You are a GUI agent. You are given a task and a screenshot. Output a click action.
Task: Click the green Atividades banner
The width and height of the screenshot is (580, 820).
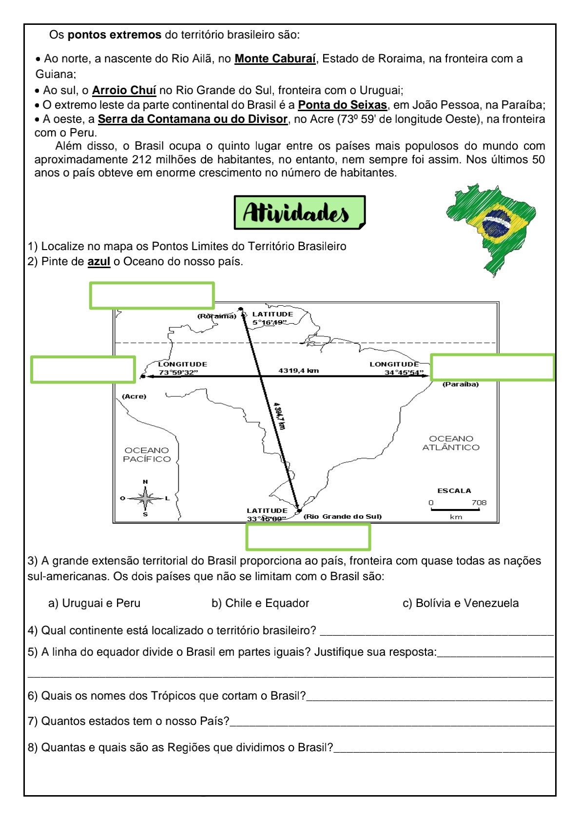pos(299,213)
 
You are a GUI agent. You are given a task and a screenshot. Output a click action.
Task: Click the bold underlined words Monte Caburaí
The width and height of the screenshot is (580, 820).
pos(275,59)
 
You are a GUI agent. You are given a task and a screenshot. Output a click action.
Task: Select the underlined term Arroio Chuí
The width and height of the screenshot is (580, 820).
pos(124,91)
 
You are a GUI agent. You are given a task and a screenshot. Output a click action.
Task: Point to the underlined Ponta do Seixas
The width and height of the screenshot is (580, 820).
pos(342,105)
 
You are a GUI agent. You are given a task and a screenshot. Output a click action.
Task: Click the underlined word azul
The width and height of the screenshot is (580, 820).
pos(98,262)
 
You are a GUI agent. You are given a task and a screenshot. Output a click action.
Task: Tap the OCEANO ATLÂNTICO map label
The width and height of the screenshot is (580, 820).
pos(451,443)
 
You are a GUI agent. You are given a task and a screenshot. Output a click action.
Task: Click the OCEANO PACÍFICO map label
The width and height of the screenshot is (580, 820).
pos(147,455)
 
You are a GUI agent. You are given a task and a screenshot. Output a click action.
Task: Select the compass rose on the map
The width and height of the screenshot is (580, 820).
pos(145,498)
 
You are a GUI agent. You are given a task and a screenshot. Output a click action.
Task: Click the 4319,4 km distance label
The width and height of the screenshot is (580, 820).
pos(298,371)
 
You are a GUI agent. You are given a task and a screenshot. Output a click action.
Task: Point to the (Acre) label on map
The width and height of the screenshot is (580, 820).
pos(134,396)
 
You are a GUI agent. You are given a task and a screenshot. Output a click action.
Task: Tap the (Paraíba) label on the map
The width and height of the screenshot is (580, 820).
pos(460,384)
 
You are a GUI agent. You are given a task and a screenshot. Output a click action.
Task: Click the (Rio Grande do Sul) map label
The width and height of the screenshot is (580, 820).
pos(342,516)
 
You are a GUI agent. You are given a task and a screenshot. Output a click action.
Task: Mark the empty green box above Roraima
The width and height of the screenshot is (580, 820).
pos(152,295)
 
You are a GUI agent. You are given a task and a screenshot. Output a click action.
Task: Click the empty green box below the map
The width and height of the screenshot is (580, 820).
pos(308,537)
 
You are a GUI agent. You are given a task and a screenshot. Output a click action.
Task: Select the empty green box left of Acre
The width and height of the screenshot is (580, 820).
pos(83,370)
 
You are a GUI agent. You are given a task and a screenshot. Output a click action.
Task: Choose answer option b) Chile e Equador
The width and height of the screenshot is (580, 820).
pos(260,604)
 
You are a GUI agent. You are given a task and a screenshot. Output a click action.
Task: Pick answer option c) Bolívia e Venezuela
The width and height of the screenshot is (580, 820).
pos(460,604)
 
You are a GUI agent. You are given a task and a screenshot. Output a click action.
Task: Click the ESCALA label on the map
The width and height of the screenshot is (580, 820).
pos(454,491)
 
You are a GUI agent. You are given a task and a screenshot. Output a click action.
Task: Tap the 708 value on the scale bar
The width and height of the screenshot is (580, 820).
pos(479,503)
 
